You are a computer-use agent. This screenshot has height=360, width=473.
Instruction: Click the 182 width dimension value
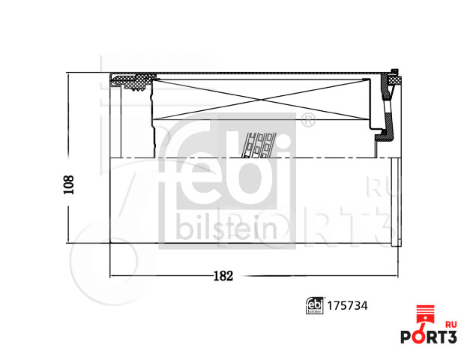[223, 276]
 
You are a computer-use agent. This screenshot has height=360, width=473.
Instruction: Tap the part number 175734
[349, 305]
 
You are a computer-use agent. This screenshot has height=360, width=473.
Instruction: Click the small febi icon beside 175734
[316, 305]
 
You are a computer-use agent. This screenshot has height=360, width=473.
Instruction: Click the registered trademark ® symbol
[307, 120]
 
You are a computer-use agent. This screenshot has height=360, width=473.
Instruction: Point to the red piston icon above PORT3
[425, 315]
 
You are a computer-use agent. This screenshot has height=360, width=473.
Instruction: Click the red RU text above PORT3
[451, 325]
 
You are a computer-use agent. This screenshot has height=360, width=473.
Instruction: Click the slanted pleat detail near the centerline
[259, 144]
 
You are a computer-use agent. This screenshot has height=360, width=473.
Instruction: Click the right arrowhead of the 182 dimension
[395, 276]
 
